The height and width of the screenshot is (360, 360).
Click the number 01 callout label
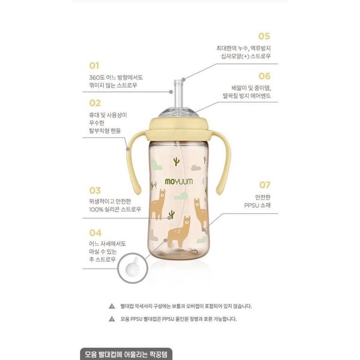[x=94, y=65]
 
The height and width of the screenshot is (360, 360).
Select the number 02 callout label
[x=94, y=103]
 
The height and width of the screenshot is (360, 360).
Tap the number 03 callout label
[x=95, y=190]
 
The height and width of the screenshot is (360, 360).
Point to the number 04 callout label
[x=95, y=232]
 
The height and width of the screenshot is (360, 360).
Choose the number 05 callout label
[x=264, y=36]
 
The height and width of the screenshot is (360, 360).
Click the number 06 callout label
[x=264, y=76]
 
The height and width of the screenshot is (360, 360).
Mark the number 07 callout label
[x=264, y=185]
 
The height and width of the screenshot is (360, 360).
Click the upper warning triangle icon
[x=112, y=306]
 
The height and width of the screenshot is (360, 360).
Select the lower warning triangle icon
[x=112, y=319]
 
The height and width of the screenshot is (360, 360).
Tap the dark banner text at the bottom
[x=133, y=354]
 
